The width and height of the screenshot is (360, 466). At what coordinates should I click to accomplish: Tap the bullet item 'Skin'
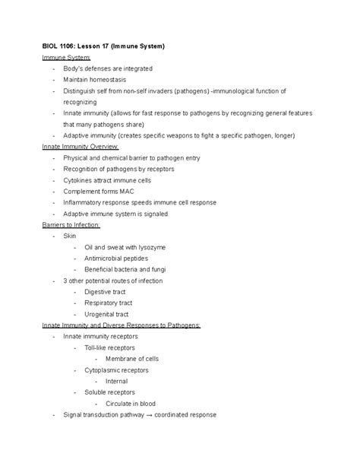pos(71,236)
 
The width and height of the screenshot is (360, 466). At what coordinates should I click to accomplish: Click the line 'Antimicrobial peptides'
pos(118,258)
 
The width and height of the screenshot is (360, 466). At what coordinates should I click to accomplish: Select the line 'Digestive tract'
pos(106,292)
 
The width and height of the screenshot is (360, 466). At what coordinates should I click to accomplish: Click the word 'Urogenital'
pos(101,314)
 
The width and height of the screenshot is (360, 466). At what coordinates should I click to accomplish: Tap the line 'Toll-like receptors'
pos(112,347)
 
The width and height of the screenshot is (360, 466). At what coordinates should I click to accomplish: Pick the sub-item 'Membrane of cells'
pos(132,359)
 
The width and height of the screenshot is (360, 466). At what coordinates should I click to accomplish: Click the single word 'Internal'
pos(117,381)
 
